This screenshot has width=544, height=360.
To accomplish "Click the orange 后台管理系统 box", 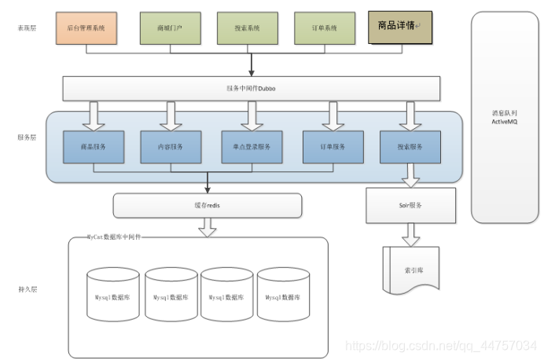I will click(x=86, y=28).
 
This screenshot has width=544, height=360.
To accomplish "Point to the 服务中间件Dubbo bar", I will click(x=252, y=89).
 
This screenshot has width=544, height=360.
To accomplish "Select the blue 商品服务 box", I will click(x=93, y=146).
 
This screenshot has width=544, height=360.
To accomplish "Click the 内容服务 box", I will click(x=171, y=146).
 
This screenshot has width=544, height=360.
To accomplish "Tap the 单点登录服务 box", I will click(x=252, y=146).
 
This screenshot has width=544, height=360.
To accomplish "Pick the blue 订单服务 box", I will click(x=333, y=146).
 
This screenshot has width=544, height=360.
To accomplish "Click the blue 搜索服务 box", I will click(x=410, y=146).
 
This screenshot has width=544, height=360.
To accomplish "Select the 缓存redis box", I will click(x=208, y=205).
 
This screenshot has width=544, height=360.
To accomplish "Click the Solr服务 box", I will click(x=410, y=205).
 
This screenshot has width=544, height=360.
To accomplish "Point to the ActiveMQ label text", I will click(x=503, y=122).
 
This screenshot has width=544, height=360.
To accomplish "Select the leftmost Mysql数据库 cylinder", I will click(x=115, y=296).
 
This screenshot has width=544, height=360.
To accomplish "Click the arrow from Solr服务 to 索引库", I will click(x=410, y=233).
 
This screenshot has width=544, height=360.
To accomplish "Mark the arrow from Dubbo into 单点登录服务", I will click(x=252, y=115).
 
